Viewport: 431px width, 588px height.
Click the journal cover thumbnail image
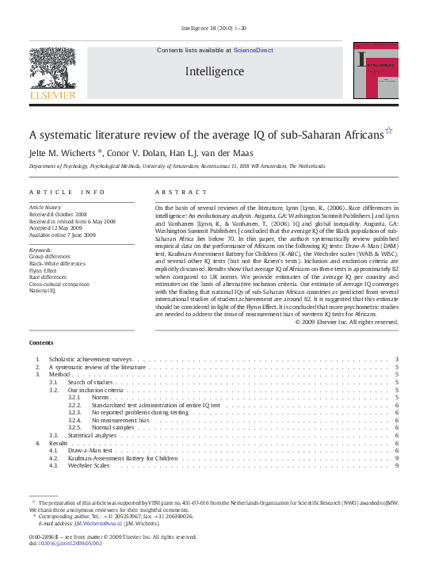[376, 71]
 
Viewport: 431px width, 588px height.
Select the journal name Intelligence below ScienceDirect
[214, 71]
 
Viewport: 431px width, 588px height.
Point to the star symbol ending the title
[388, 131]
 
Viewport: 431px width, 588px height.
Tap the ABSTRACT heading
[175, 192]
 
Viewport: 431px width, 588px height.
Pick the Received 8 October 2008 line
[57, 214]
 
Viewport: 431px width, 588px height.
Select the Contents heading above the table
[41, 342]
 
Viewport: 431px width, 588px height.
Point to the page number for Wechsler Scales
[395, 465]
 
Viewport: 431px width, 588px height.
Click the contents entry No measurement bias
[122, 421]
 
